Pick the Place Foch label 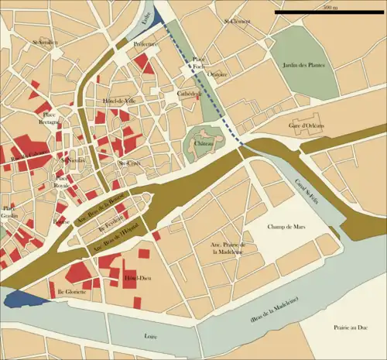[199, 63]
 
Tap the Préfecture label [146, 45]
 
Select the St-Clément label [236, 21]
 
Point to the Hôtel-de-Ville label [119, 101]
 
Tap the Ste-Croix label [128, 163]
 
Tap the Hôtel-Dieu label [137, 277]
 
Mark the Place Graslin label [9, 212]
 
